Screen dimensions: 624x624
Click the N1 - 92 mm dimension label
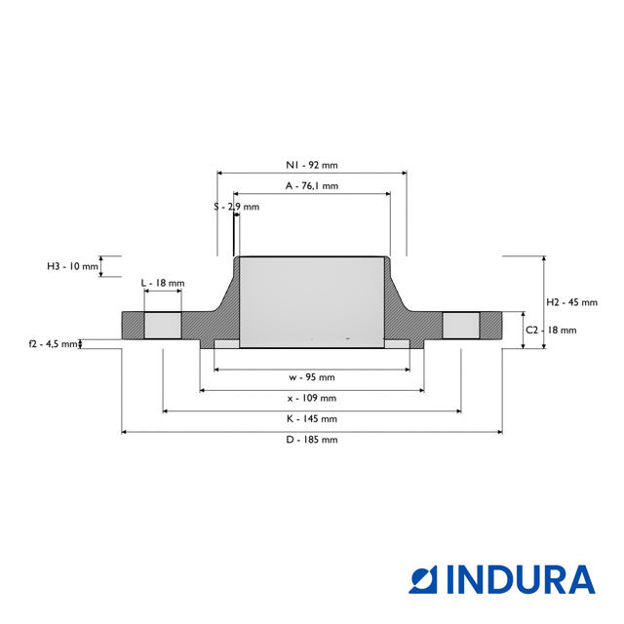click(312, 165)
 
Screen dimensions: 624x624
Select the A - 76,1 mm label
click(312, 186)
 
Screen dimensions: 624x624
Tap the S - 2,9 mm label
click(236, 207)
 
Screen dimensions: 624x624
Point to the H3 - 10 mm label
click(72, 266)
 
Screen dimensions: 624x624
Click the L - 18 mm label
click(163, 283)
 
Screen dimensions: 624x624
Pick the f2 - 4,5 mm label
click(53, 344)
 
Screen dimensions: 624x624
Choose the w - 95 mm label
click(312, 377)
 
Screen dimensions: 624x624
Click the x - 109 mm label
click(312, 398)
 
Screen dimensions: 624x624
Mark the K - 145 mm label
click(312, 418)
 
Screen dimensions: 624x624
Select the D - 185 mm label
click(312, 440)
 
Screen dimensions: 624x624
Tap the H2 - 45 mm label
click(572, 302)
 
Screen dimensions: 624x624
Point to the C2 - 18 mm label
click(551, 330)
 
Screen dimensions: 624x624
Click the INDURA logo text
click(521, 579)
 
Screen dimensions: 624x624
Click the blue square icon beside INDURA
click(423, 579)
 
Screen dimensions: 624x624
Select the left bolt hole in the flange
click(163, 326)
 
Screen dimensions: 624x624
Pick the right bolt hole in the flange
click(461, 326)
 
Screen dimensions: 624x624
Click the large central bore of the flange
click(312, 302)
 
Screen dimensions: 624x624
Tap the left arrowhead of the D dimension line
click(124, 432)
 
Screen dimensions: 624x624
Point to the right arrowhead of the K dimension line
click(459, 411)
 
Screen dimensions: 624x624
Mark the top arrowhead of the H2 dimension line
click(544, 258)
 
